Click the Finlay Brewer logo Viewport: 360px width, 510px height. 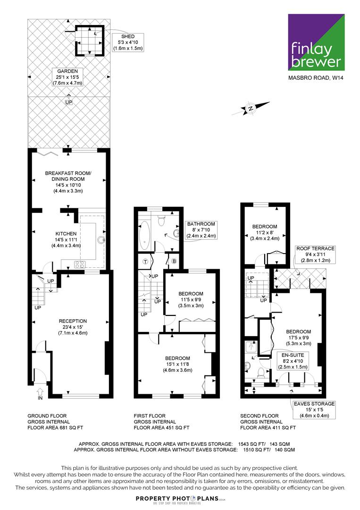pos(316,42)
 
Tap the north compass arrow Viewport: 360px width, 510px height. pos(251,108)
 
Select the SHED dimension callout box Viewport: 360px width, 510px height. pos(128,42)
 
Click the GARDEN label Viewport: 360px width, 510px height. pos(67,77)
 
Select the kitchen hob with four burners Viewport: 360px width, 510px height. pos(80,264)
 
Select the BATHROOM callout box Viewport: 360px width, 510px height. pos(201,230)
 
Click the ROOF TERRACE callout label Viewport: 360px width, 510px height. pos(315,255)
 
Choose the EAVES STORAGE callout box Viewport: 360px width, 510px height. pos(314,409)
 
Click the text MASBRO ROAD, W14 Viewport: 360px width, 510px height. pos(316,78)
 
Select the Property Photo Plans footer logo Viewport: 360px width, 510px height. pos(180,499)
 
